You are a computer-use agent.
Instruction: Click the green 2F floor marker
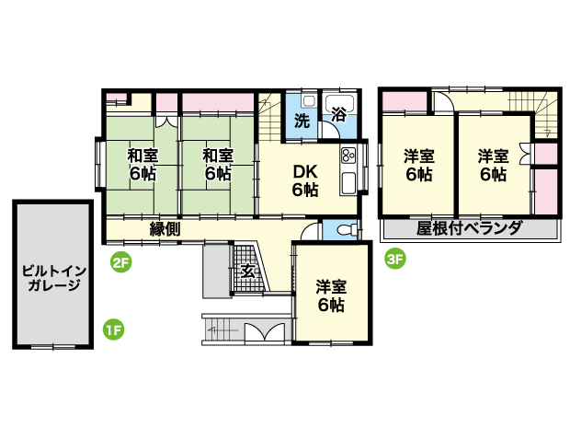click(x=120, y=262)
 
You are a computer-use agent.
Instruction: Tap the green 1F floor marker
click(x=113, y=330)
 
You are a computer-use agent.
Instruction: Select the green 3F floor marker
click(x=394, y=259)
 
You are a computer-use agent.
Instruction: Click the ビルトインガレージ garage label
click(x=54, y=278)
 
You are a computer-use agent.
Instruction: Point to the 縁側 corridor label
click(x=165, y=229)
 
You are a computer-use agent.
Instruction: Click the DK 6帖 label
click(x=305, y=180)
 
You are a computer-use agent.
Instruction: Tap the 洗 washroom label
click(x=302, y=121)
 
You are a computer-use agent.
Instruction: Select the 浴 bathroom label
click(x=338, y=114)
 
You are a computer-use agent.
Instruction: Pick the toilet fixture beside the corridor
click(x=347, y=230)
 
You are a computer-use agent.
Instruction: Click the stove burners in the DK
click(x=348, y=156)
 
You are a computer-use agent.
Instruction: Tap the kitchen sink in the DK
click(x=348, y=182)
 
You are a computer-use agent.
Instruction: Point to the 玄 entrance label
click(x=248, y=272)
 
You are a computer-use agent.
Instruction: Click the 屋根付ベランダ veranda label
click(x=469, y=228)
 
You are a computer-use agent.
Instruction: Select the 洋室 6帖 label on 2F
click(x=331, y=295)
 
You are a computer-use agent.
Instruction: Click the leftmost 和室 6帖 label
click(x=142, y=165)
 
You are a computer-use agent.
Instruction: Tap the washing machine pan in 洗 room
click(x=309, y=101)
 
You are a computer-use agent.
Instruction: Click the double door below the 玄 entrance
click(x=264, y=332)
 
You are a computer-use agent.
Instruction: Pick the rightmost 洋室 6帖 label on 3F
click(x=493, y=166)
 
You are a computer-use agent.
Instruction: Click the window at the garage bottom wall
click(x=53, y=347)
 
